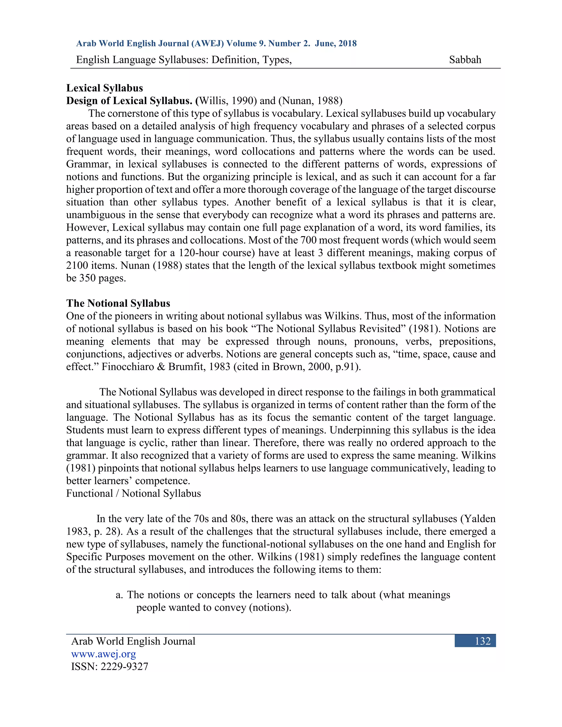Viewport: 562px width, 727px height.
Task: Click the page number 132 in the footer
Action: [x=482, y=641]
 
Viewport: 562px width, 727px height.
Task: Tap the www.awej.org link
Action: [x=103, y=654]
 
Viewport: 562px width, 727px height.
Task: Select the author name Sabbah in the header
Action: [x=465, y=60]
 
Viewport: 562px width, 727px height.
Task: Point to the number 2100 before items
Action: [x=77, y=266]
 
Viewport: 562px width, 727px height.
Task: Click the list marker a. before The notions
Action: [x=119, y=595]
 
